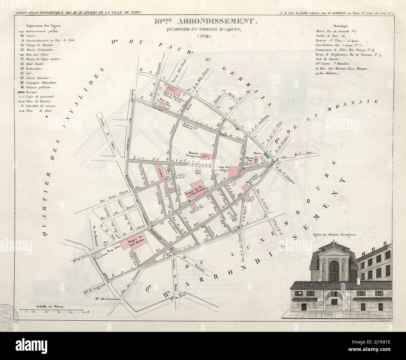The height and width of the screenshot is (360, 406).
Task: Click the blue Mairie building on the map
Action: tap(265, 155)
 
